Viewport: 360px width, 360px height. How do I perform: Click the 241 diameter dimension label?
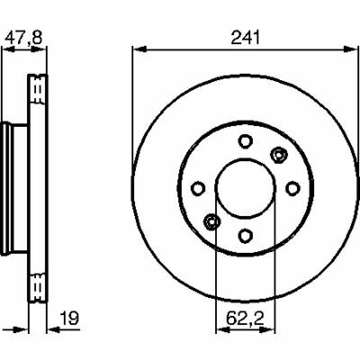[245, 38]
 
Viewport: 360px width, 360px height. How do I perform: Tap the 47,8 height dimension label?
[24, 38]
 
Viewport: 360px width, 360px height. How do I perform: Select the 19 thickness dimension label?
[69, 319]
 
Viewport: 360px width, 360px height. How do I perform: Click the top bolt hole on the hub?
[245, 141]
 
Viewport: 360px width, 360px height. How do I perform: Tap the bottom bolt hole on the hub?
[245, 236]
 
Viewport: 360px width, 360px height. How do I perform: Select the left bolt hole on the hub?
[198, 188]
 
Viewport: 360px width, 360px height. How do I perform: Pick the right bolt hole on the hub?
[292, 188]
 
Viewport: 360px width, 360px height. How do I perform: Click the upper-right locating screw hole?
[279, 155]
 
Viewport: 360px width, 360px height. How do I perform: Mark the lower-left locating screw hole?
[211, 221]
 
